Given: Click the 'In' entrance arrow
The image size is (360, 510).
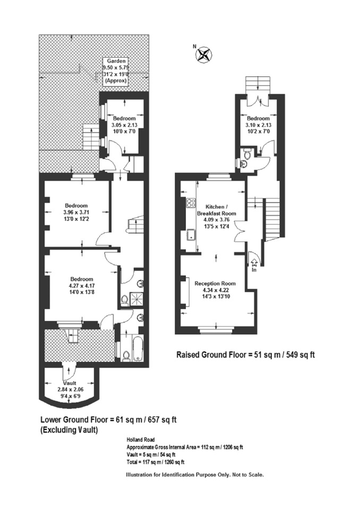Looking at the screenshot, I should click(x=254, y=261).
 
